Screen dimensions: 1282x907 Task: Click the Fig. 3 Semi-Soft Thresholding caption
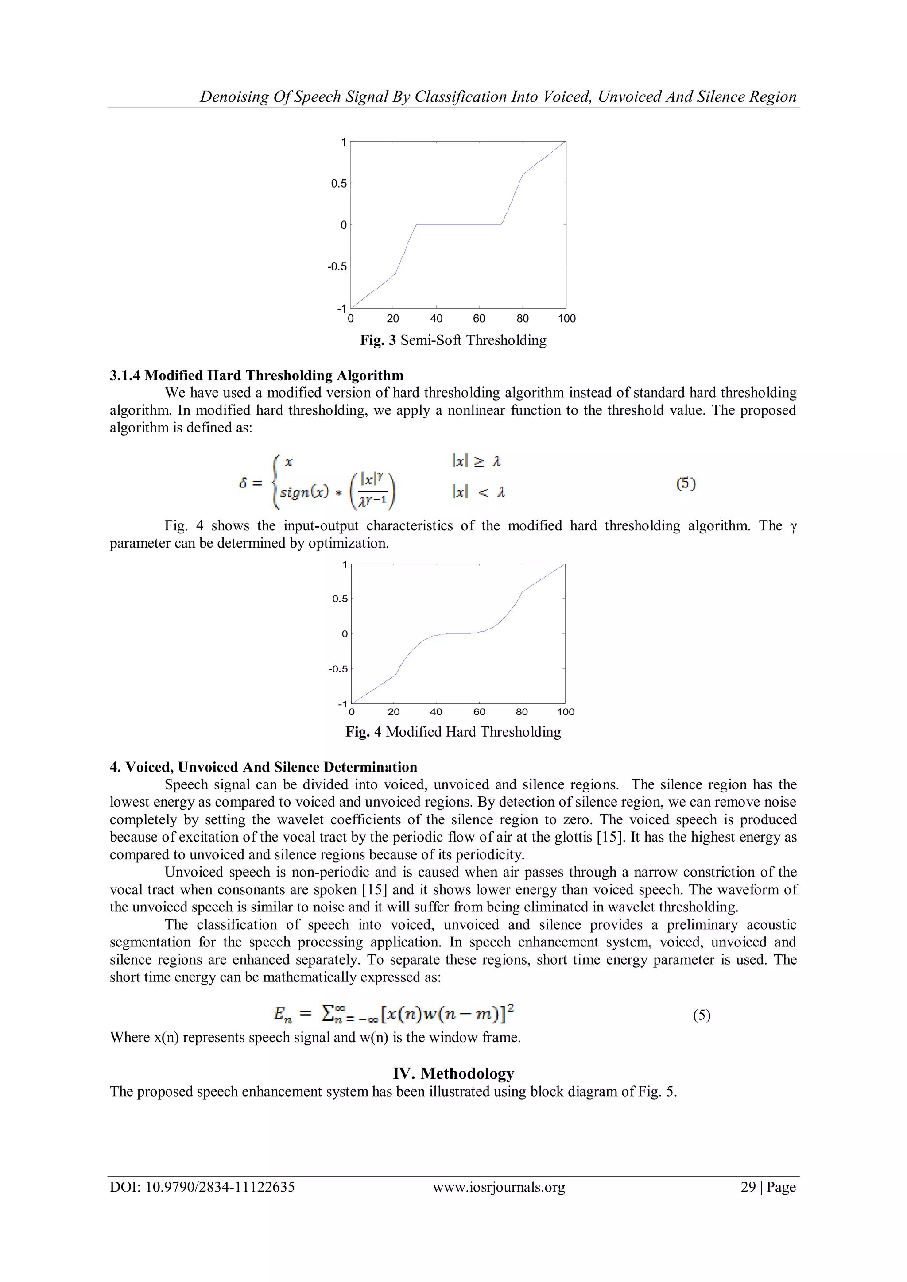coord(453,340)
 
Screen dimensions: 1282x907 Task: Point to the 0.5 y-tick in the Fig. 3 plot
coord(338,184)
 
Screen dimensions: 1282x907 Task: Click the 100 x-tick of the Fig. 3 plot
coord(566,319)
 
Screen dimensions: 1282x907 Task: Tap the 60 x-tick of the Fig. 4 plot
coord(479,712)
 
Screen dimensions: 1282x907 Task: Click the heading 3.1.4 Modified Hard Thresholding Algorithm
coord(256,375)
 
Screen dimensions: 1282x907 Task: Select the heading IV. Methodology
coord(453,1074)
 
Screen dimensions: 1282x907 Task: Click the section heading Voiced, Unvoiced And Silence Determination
coord(263,767)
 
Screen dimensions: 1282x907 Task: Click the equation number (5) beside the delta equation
coord(686,484)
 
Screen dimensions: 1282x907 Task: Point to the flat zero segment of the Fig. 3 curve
coord(458,224)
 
